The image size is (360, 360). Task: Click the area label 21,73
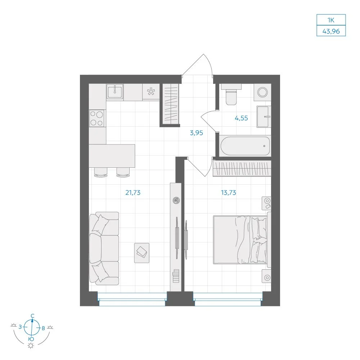(133, 192)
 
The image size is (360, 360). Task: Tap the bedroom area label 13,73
(229, 192)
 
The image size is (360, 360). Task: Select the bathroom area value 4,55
(241, 118)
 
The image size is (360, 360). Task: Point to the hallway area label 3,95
(196, 133)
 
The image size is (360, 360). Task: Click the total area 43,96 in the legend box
(331, 31)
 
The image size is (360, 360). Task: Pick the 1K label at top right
(331, 20)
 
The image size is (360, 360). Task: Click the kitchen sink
(115, 91)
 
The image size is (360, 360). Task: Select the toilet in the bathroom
(231, 95)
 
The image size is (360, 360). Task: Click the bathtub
(245, 146)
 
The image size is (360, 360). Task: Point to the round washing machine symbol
(262, 92)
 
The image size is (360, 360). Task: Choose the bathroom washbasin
(264, 117)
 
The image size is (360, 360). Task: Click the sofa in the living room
(104, 248)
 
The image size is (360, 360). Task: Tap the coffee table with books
(141, 253)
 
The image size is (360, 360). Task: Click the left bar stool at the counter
(100, 172)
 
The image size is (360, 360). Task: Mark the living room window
(132, 300)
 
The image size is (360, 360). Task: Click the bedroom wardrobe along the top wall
(242, 168)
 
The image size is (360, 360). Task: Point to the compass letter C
(33, 316)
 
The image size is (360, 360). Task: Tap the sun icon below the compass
(31, 346)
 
